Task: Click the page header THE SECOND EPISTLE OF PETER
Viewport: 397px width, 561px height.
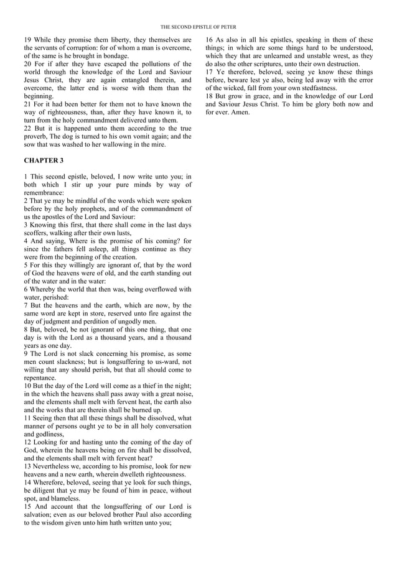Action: point(198,27)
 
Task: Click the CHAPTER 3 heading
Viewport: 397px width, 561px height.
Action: point(44,160)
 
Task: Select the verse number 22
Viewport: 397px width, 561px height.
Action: point(28,128)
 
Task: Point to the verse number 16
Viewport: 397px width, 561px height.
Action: point(210,40)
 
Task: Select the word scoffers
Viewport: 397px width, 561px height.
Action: point(37,233)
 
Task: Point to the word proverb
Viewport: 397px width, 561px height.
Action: point(37,136)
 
